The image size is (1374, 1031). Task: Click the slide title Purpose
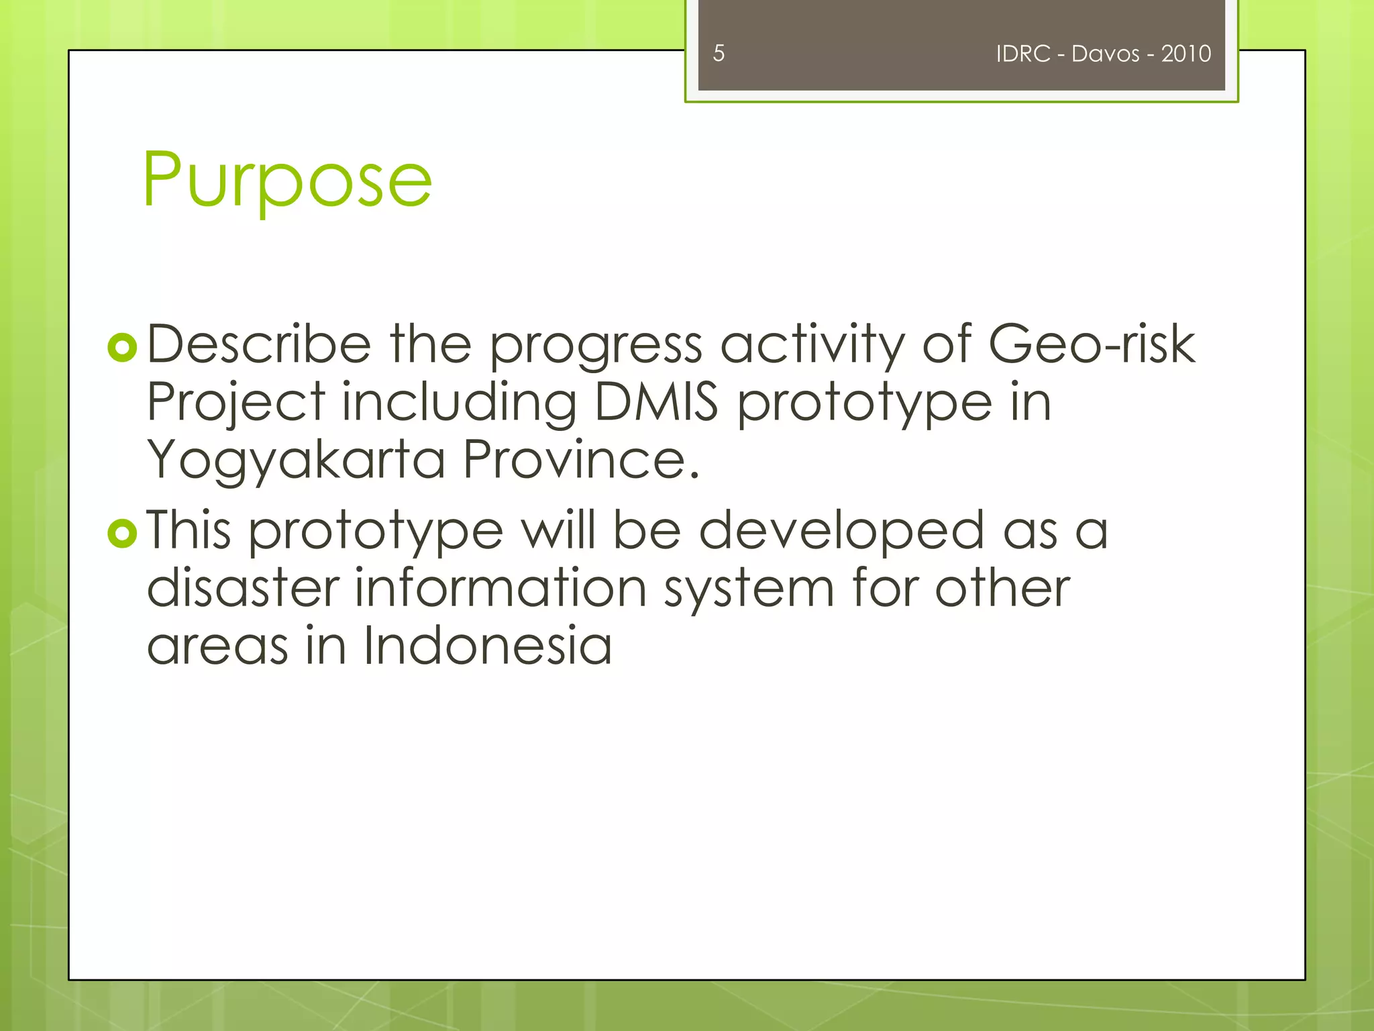click(x=287, y=180)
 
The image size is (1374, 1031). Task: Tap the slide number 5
click(x=719, y=53)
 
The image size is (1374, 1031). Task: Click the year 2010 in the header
click(x=1186, y=54)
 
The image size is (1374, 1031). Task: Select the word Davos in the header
click(x=1105, y=54)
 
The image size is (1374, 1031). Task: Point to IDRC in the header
click(x=1022, y=54)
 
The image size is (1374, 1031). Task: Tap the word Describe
click(x=259, y=344)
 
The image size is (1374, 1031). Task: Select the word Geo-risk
click(x=1092, y=344)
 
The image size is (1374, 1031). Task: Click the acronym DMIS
click(x=656, y=402)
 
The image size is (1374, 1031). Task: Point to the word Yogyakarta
click(x=296, y=460)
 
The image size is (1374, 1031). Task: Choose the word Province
click(x=581, y=460)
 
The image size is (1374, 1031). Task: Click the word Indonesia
click(x=488, y=646)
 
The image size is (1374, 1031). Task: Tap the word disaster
click(x=243, y=588)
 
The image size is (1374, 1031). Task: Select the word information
click(x=500, y=588)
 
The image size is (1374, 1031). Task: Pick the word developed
click(x=841, y=530)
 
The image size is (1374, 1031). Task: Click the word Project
click(x=236, y=402)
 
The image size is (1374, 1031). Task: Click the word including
click(x=459, y=402)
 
